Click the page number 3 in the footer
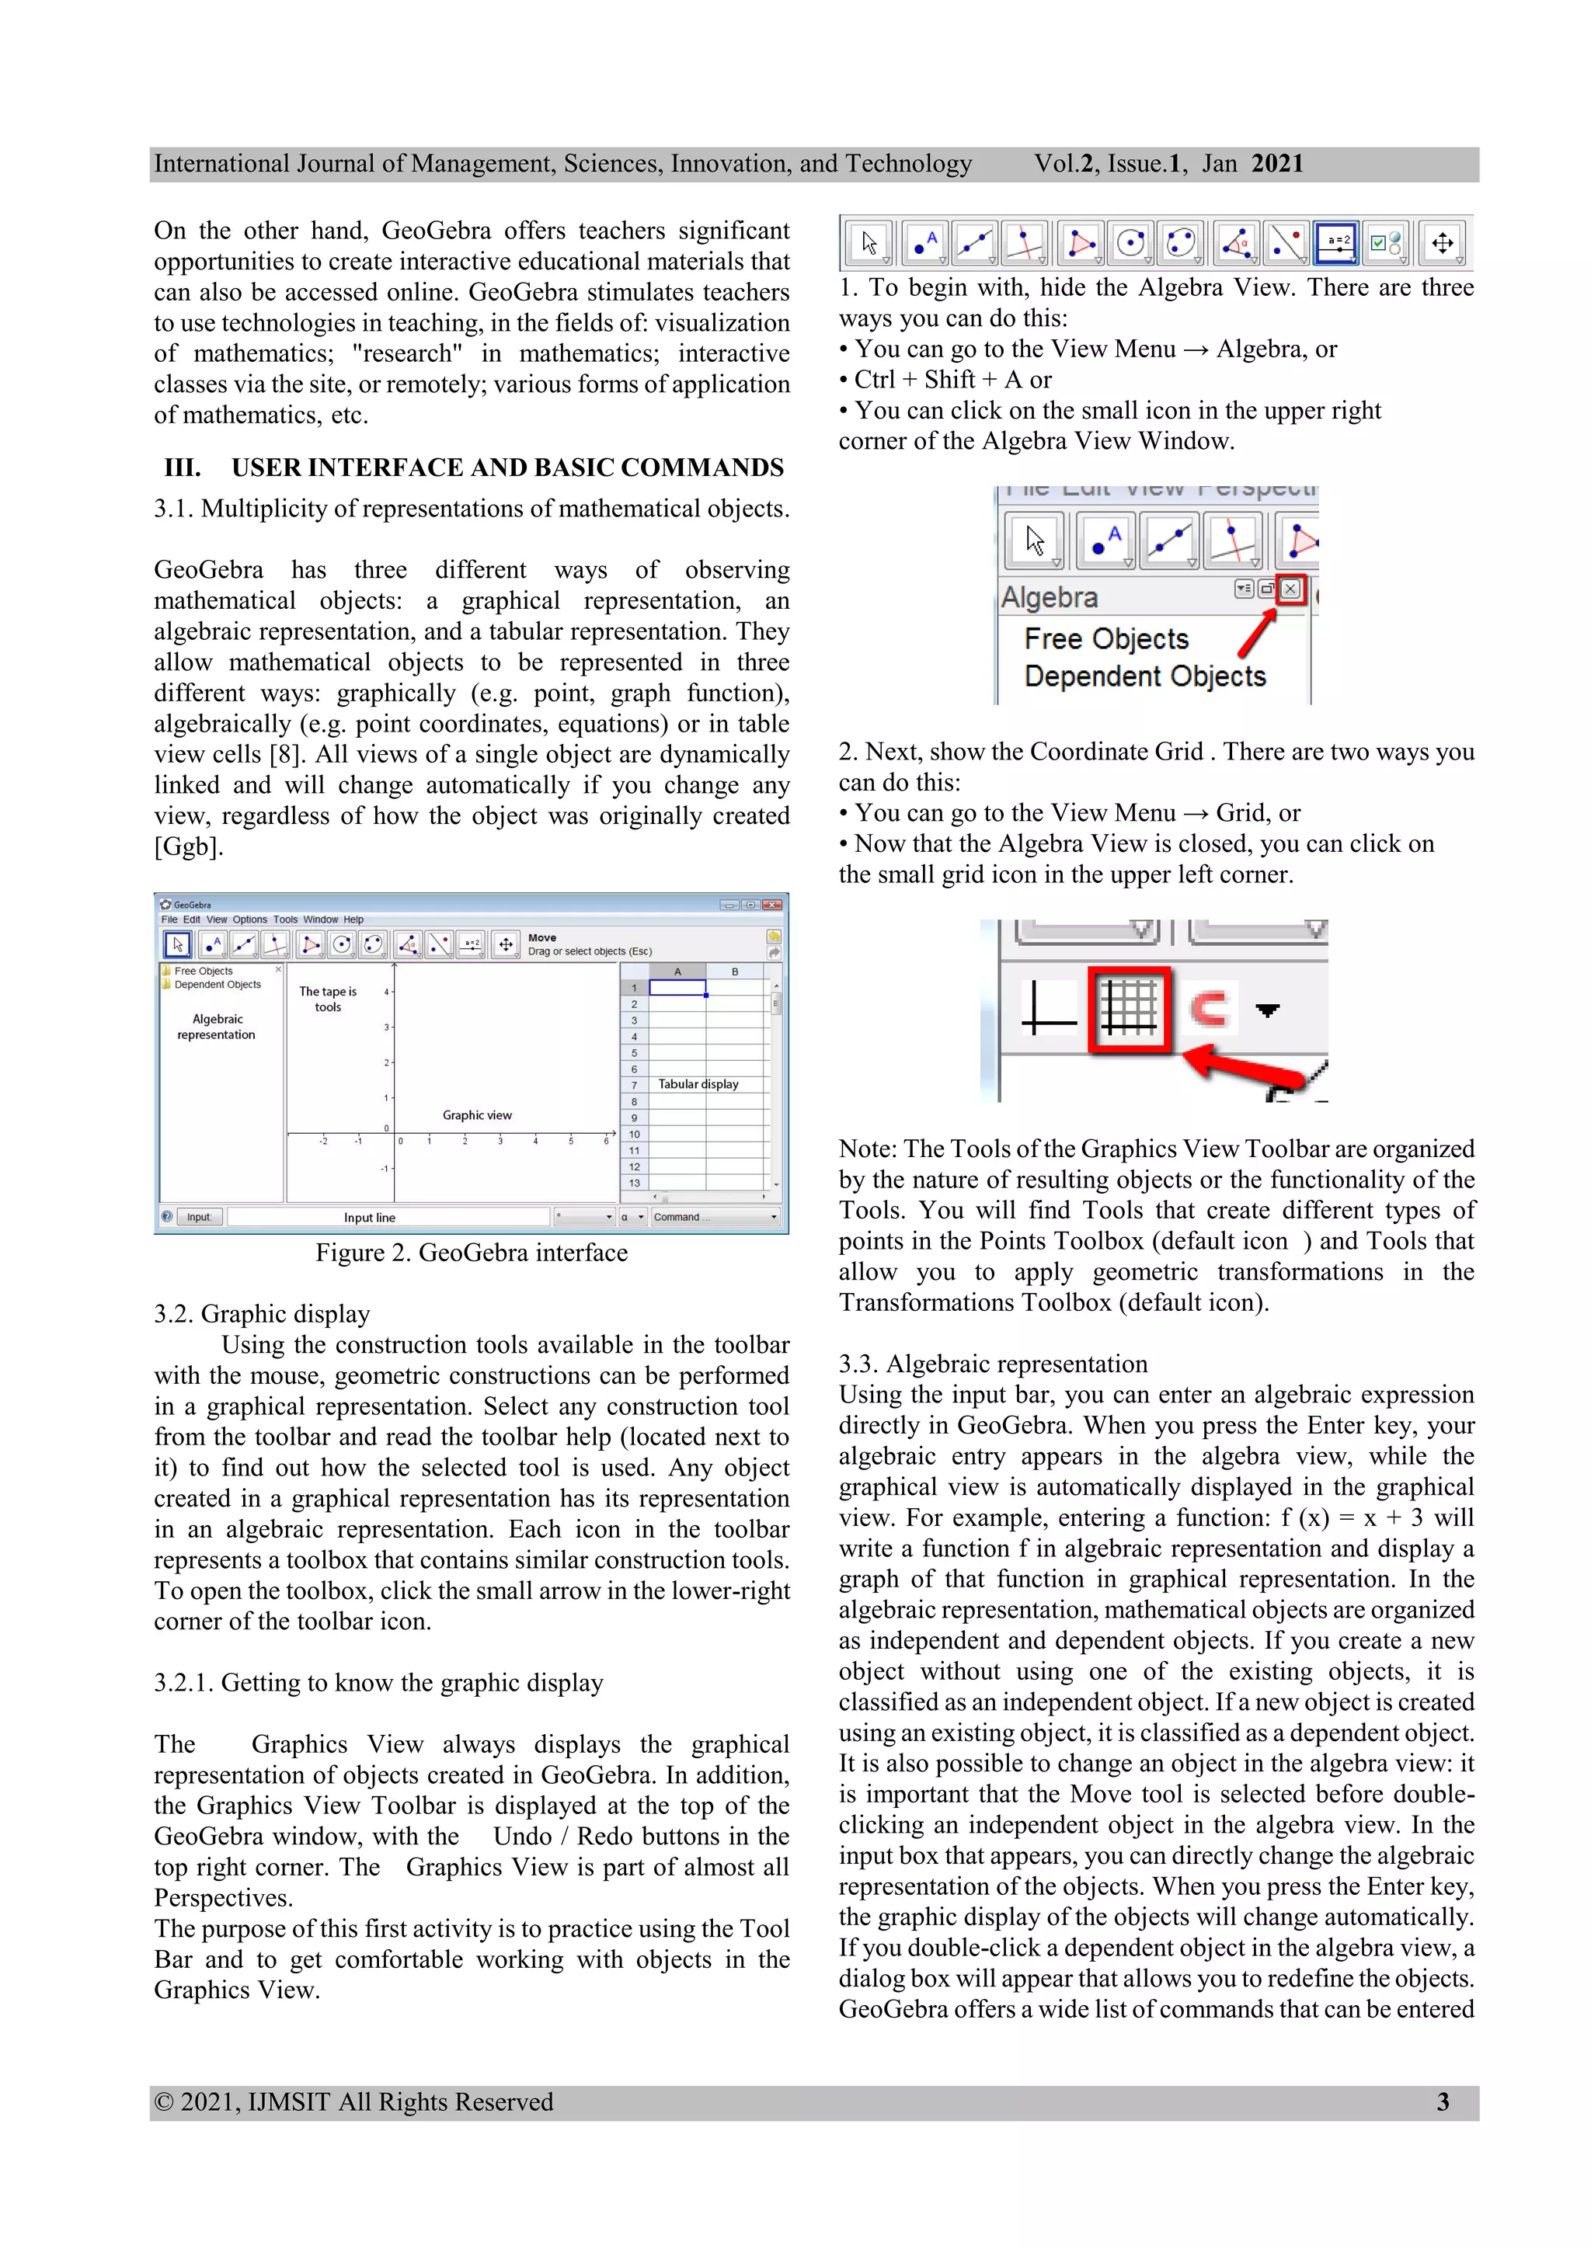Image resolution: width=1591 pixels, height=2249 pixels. [1442, 2101]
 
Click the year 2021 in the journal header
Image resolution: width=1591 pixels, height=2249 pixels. [1276, 164]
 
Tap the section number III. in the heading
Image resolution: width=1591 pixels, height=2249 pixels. [183, 468]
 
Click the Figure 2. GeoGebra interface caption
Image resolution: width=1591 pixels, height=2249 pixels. [472, 1253]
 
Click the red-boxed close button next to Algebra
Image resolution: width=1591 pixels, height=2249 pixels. [1290, 589]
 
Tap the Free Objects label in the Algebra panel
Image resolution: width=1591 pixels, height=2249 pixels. [1106, 638]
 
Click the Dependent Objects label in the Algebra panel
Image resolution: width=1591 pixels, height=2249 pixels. [1144, 677]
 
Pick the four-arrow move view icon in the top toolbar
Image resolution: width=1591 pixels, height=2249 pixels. [1442, 243]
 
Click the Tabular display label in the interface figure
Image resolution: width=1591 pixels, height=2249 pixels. [698, 1084]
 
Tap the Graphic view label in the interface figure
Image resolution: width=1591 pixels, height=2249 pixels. [477, 1114]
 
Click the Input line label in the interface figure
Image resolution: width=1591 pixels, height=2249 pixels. [369, 1218]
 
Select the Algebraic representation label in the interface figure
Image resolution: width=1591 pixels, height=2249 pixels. [217, 1027]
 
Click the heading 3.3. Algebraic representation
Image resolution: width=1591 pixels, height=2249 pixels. [992, 1364]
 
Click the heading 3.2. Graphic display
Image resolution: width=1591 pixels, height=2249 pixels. [262, 1313]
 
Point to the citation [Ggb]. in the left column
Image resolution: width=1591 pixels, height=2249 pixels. [188, 846]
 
